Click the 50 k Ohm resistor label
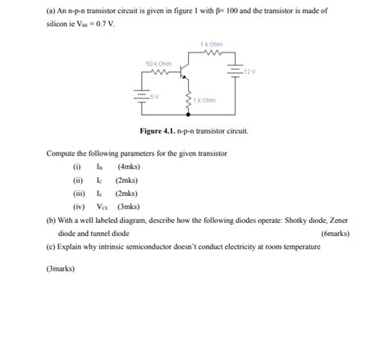pyautogui.click(x=158, y=63)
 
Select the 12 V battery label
pyautogui.click(x=249, y=71)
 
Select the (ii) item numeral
pyautogui.click(x=78, y=180)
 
